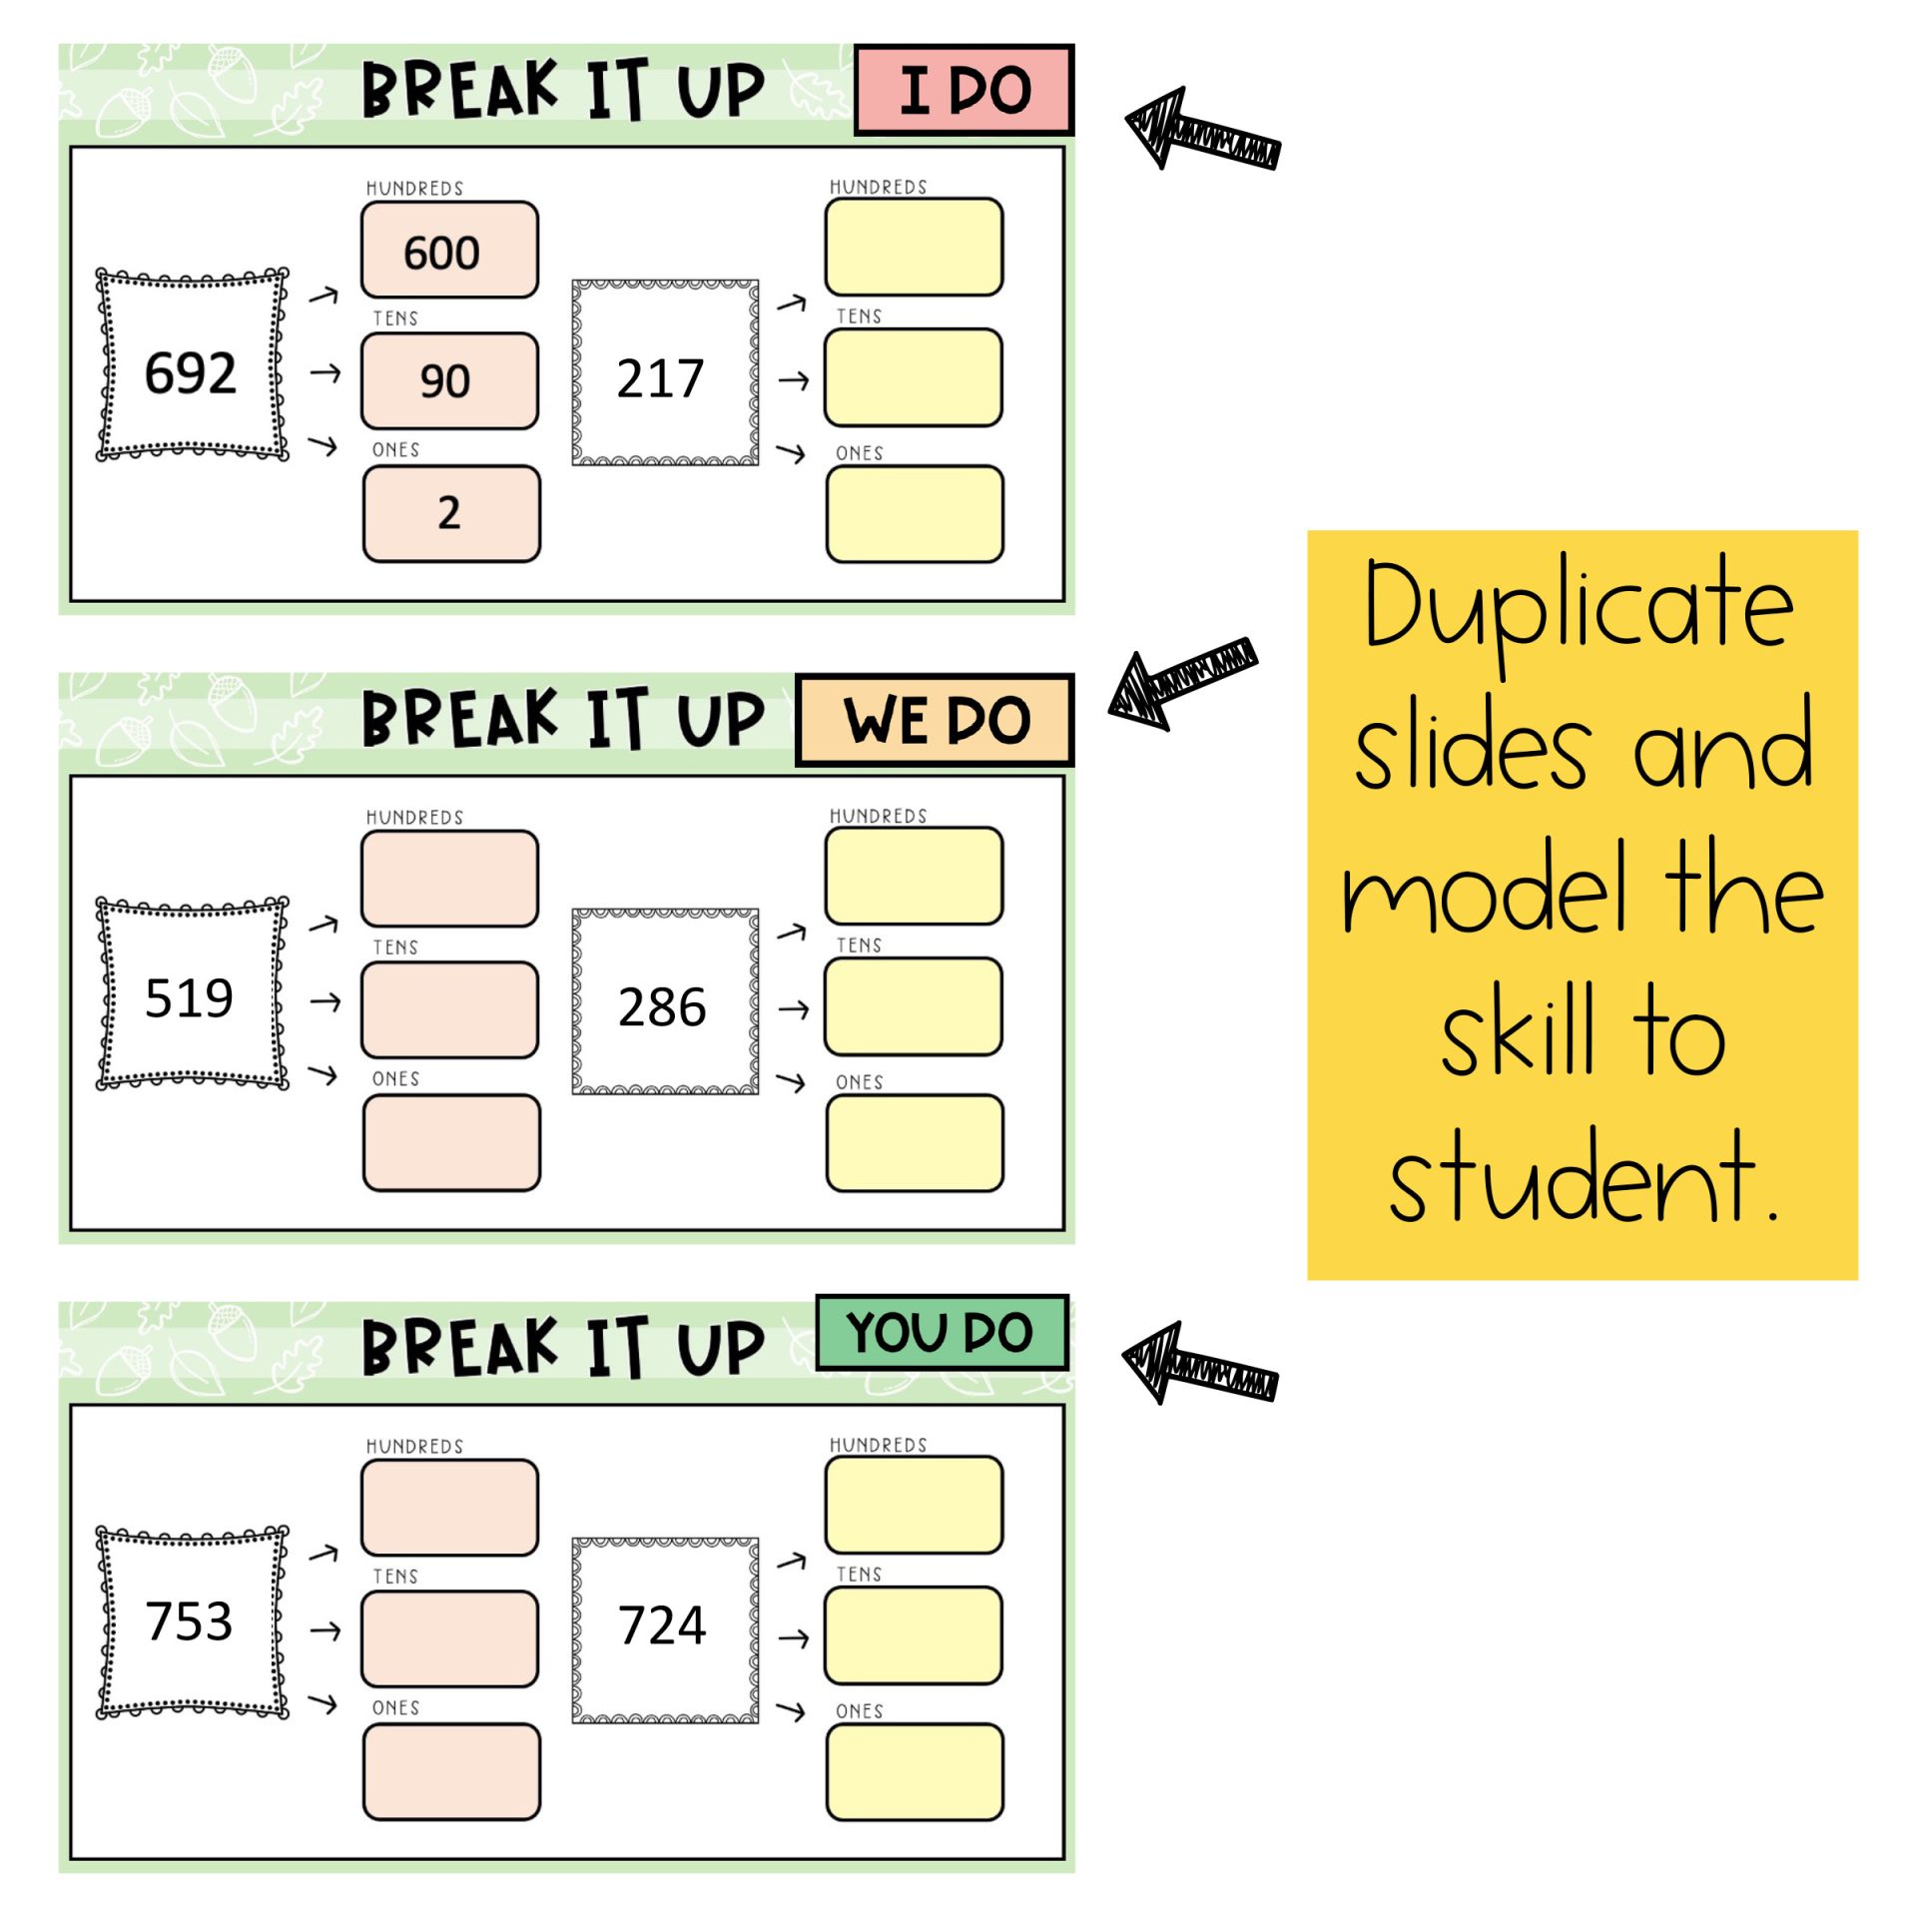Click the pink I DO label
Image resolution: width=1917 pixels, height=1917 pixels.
pos(963,90)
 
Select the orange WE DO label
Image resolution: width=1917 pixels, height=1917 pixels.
pos(935,720)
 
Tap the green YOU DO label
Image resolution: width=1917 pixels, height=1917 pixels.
pos(941,1333)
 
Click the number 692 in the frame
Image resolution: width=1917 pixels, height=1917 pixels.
pos(190,373)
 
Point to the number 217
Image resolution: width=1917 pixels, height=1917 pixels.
pos(660,378)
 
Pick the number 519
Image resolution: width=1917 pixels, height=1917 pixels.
pos(189,998)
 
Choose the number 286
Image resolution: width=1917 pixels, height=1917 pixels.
pos(662,1006)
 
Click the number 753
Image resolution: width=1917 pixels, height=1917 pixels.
pos(189,1621)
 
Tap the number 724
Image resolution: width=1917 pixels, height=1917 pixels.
pos(662,1625)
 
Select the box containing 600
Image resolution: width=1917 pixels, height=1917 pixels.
pos(449,251)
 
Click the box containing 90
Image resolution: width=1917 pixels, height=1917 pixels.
pos(449,380)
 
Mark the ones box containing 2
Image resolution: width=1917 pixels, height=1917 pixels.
pos(451,513)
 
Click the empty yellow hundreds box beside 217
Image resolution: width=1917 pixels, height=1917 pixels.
pos(914,247)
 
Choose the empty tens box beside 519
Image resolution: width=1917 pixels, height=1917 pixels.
pos(449,1009)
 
